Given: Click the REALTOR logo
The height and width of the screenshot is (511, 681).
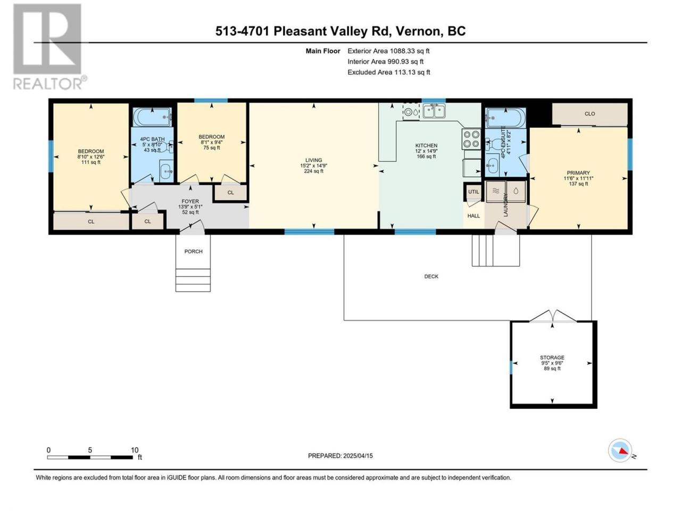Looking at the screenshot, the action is click(49, 46).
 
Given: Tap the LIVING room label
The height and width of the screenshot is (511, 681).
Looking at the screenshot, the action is click(313, 160).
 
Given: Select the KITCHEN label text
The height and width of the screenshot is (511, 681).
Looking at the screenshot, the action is click(426, 145).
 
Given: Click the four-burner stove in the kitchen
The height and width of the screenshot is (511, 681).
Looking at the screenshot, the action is click(471, 139).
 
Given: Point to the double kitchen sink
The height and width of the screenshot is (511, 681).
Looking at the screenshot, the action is click(434, 111).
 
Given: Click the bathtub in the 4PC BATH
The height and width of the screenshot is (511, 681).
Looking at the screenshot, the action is click(152, 117).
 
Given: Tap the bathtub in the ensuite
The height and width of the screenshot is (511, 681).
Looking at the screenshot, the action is click(506, 118).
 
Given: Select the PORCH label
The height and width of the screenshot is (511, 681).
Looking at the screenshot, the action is click(193, 251).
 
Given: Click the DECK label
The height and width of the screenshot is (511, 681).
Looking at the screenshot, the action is click(431, 276).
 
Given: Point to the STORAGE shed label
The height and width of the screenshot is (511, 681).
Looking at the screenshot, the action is click(552, 357).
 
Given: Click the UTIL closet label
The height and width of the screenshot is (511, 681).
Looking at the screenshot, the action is click(474, 192).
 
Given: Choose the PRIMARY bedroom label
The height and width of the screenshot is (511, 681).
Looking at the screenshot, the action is click(578, 173).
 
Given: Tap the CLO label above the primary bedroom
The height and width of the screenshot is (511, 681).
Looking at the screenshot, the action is click(589, 114).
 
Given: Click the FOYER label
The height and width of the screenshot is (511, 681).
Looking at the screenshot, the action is click(190, 201).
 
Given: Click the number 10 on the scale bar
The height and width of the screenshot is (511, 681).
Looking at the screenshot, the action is click(135, 450).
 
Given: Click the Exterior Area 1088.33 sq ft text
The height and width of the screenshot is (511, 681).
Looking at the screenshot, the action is click(388, 51).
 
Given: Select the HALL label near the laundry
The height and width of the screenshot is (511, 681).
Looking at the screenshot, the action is click(474, 216).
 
